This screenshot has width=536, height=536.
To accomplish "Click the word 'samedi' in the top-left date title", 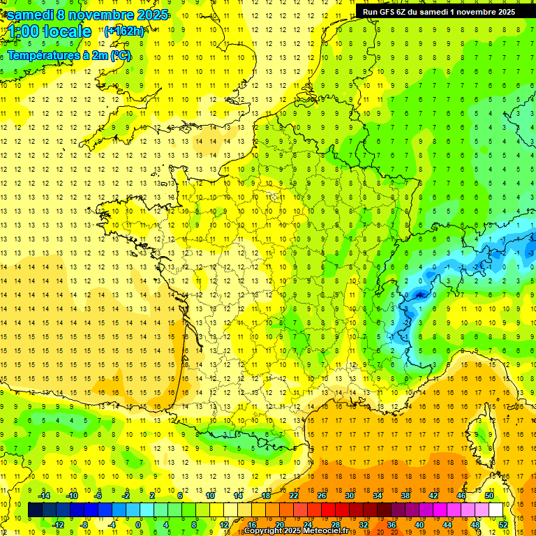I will click(x=31, y=14).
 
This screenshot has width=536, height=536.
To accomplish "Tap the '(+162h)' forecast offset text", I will click(x=124, y=31).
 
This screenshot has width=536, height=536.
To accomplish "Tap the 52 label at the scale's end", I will click(x=503, y=524).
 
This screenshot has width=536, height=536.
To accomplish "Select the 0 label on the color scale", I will click(x=138, y=524).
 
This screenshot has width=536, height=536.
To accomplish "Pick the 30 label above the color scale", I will click(x=349, y=496).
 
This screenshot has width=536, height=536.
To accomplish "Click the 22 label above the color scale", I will click(x=294, y=496).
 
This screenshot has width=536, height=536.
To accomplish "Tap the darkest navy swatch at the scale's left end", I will click(x=35, y=510).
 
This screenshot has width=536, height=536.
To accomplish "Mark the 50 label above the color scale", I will click(x=489, y=496).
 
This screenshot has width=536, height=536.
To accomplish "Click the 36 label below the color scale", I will click(x=391, y=524).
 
